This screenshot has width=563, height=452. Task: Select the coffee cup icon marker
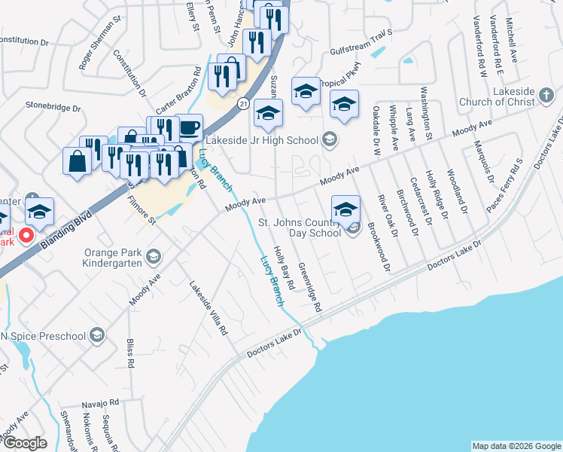(189, 125)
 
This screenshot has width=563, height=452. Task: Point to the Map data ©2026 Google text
(516, 446)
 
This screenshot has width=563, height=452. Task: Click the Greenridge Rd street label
(309, 287)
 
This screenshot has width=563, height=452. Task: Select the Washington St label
(425, 114)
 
